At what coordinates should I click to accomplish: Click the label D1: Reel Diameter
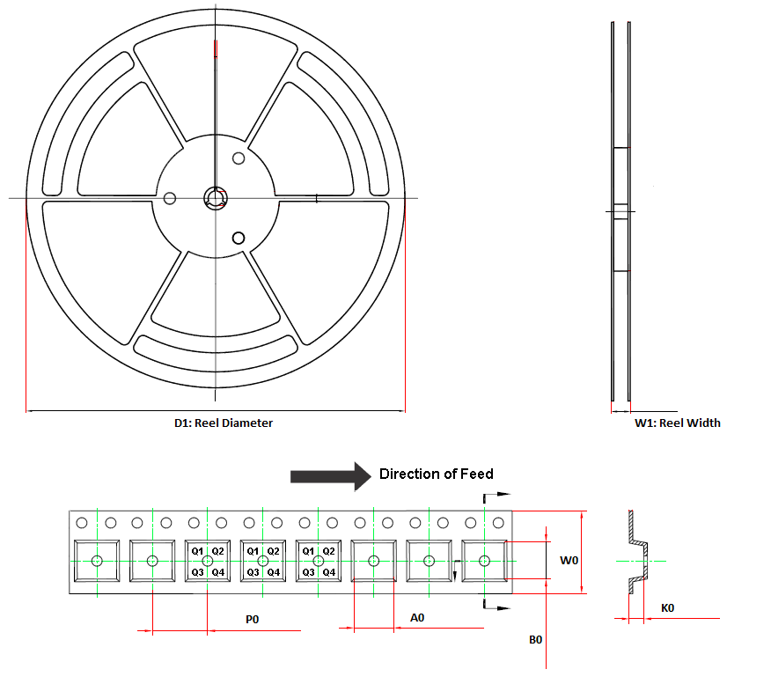click(x=224, y=423)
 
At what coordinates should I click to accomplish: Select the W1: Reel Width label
click(x=677, y=423)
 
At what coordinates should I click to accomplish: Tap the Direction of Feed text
click(x=436, y=474)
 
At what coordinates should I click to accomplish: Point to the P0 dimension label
click(x=252, y=620)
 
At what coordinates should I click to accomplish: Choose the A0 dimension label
click(x=418, y=618)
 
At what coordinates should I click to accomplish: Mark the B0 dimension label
click(x=536, y=640)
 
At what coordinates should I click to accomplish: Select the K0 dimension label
click(x=668, y=608)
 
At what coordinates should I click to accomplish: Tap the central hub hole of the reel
click(x=215, y=197)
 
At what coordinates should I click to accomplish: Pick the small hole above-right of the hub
click(x=238, y=158)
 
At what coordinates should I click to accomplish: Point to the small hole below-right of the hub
click(x=238, y=237)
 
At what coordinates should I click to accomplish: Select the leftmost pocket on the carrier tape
click(x=97, y=561)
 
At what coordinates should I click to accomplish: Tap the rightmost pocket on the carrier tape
click(x=483, y=561)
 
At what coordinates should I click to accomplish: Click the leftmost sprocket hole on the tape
click(x=82, y=523)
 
